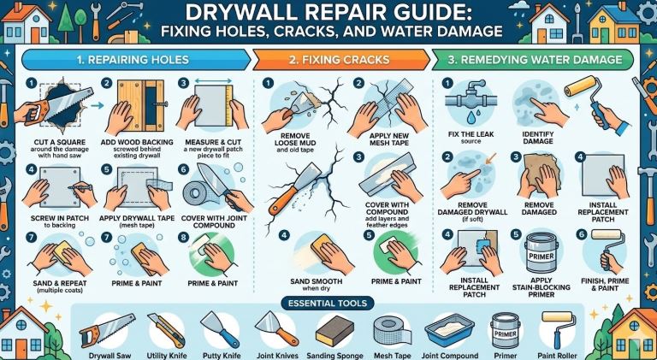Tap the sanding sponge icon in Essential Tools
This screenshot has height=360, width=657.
click(x=334, y=331)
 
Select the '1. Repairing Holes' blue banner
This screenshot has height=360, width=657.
click(x=135, y=60)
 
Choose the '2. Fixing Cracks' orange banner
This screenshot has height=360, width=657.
click(x=340, y=60)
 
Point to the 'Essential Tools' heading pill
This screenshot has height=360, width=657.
click(x=328, y=303)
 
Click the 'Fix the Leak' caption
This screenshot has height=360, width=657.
click(x=471, y=134)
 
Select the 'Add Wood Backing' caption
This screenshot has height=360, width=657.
click(x=137, y=142)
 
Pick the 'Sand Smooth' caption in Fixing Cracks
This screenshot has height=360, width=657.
click(x=317, y=281)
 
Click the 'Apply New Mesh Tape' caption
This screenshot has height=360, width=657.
click(x=390, y=139)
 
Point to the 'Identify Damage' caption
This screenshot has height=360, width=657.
click(x=538, y=138)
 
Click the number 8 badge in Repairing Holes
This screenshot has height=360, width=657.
click(x=183, y=238)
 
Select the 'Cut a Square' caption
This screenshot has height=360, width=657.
click(x=59, y=142)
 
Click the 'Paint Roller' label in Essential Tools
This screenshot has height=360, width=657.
click(x=557, y=356)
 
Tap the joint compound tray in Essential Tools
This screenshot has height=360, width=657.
click(x=449, y=331)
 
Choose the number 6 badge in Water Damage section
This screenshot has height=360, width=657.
click(x=581, y=234)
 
